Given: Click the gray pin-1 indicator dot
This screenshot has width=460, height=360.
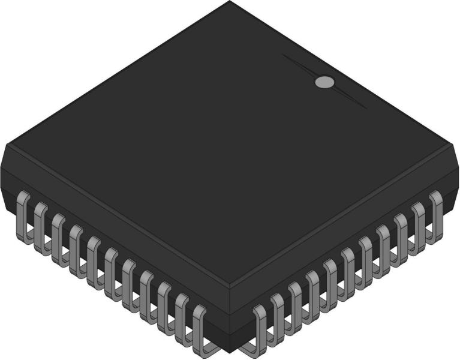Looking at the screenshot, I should pos(324,82).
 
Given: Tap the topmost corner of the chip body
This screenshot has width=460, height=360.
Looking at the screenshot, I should pos(230,2).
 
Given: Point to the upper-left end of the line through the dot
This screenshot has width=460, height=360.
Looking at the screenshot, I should pos(284,56).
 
